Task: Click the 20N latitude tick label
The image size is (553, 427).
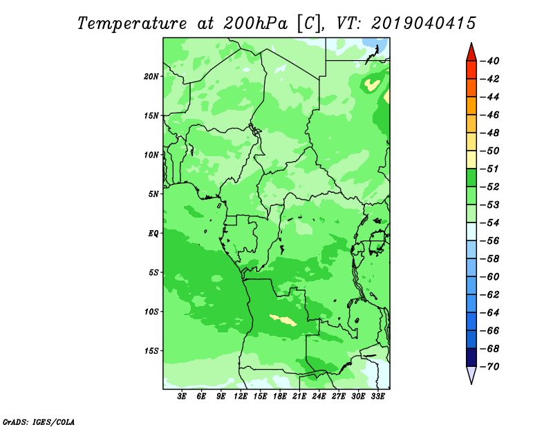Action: click(151, 77)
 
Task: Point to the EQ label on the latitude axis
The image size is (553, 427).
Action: click(153, 234)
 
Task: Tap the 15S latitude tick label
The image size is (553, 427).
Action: click(151, 351)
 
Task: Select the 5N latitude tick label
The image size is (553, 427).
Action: click(153, 194)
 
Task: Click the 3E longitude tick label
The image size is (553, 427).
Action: click(182, 397)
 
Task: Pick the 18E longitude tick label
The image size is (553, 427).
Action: click(280, 397)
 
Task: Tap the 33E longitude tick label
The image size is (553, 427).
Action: click(377, 397)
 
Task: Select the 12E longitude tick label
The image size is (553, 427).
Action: click(241, 397)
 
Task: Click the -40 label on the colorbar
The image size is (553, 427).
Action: click(490, 61)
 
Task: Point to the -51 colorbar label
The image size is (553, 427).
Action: click(490, 169)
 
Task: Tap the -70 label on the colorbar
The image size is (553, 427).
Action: click(490, 367)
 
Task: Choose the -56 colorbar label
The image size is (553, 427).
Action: click(490, 241)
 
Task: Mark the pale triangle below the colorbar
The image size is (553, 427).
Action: click(471, 374)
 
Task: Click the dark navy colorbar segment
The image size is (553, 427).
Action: click(471, 357)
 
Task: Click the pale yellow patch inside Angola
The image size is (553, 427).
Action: click(283, 320)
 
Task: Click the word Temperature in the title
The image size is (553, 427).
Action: click(132, 23)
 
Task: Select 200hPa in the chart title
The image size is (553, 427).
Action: click(255, 23)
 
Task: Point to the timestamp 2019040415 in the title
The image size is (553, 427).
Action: click(424, 23)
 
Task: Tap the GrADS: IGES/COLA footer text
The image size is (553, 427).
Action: click(39, 422)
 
